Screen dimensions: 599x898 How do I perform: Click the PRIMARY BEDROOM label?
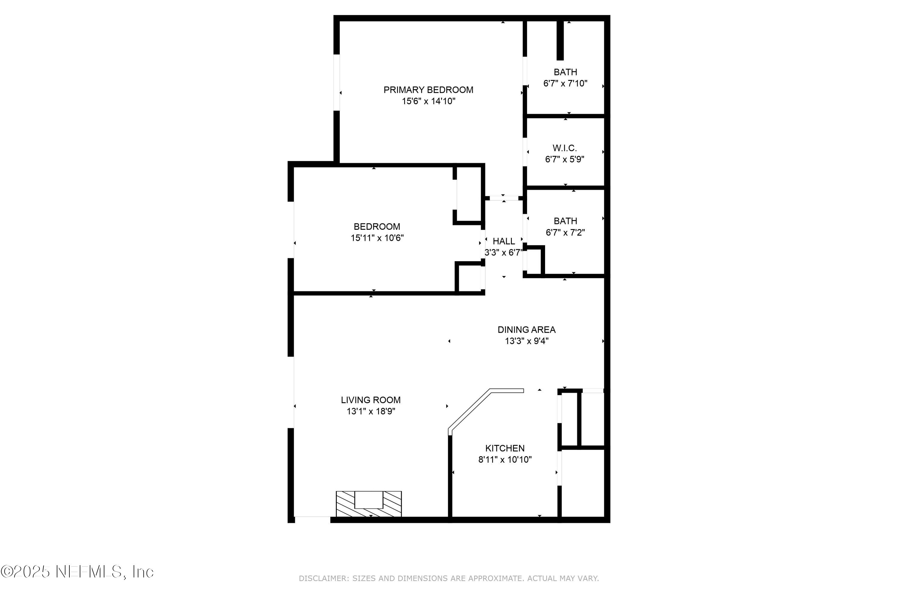click(x=428, y=90)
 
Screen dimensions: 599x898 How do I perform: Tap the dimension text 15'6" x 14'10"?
click(x=428, y=101)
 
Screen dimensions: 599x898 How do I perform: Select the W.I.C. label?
click(x=564, y=148)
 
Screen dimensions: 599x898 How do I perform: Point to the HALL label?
click(x=503, y=241)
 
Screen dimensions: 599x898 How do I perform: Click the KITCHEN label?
click(x=505, y=448)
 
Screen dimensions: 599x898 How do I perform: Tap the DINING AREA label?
click(x=526, y=329)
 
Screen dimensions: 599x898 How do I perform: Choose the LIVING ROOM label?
click(x=370, y=400)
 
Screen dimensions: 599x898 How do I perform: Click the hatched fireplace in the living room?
click(x=368, y=503)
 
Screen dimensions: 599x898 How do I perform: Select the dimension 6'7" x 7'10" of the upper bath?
click(x=565, y=83)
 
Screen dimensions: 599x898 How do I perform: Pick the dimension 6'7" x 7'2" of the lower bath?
click(x=565, y=232)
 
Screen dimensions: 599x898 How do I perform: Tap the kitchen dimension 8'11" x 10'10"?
click(x=505, y=459)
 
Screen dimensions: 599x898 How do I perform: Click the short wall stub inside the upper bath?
click(x=560, y=40)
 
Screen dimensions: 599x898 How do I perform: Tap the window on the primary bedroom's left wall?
click(x=336, y=82)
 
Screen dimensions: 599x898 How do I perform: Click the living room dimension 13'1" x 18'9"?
click(x=370, y=412)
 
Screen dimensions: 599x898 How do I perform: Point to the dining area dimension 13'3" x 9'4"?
click(x=526, y=341)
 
